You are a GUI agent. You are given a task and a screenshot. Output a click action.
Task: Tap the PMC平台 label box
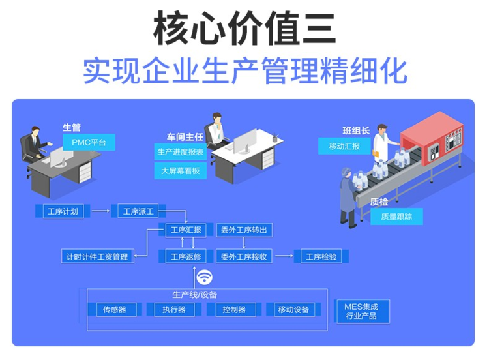click(x=89, y=142)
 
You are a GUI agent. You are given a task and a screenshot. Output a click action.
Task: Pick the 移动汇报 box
click(x=344, y=146)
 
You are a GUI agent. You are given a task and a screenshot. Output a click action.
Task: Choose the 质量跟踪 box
click(x=396, y=217)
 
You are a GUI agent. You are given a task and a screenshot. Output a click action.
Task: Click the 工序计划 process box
click(x=63, y=211)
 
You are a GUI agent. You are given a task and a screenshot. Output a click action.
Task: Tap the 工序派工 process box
click(x=138, y=211)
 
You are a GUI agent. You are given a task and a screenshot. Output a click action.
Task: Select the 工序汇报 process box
click(x=186, y=230)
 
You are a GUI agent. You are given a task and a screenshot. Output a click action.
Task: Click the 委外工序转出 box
click(x=243, y=230)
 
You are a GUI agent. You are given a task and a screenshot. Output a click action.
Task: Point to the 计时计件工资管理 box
click(x=97, y=256)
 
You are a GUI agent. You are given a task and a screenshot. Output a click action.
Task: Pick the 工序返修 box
click(x=186, y=256)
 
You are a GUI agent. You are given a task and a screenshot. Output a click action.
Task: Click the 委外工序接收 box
click(x=243, y=256)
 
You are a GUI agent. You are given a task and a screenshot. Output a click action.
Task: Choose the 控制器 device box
click(x=234, y=309)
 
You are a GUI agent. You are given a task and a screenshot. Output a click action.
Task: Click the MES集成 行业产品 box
click(x=361, y=311)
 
